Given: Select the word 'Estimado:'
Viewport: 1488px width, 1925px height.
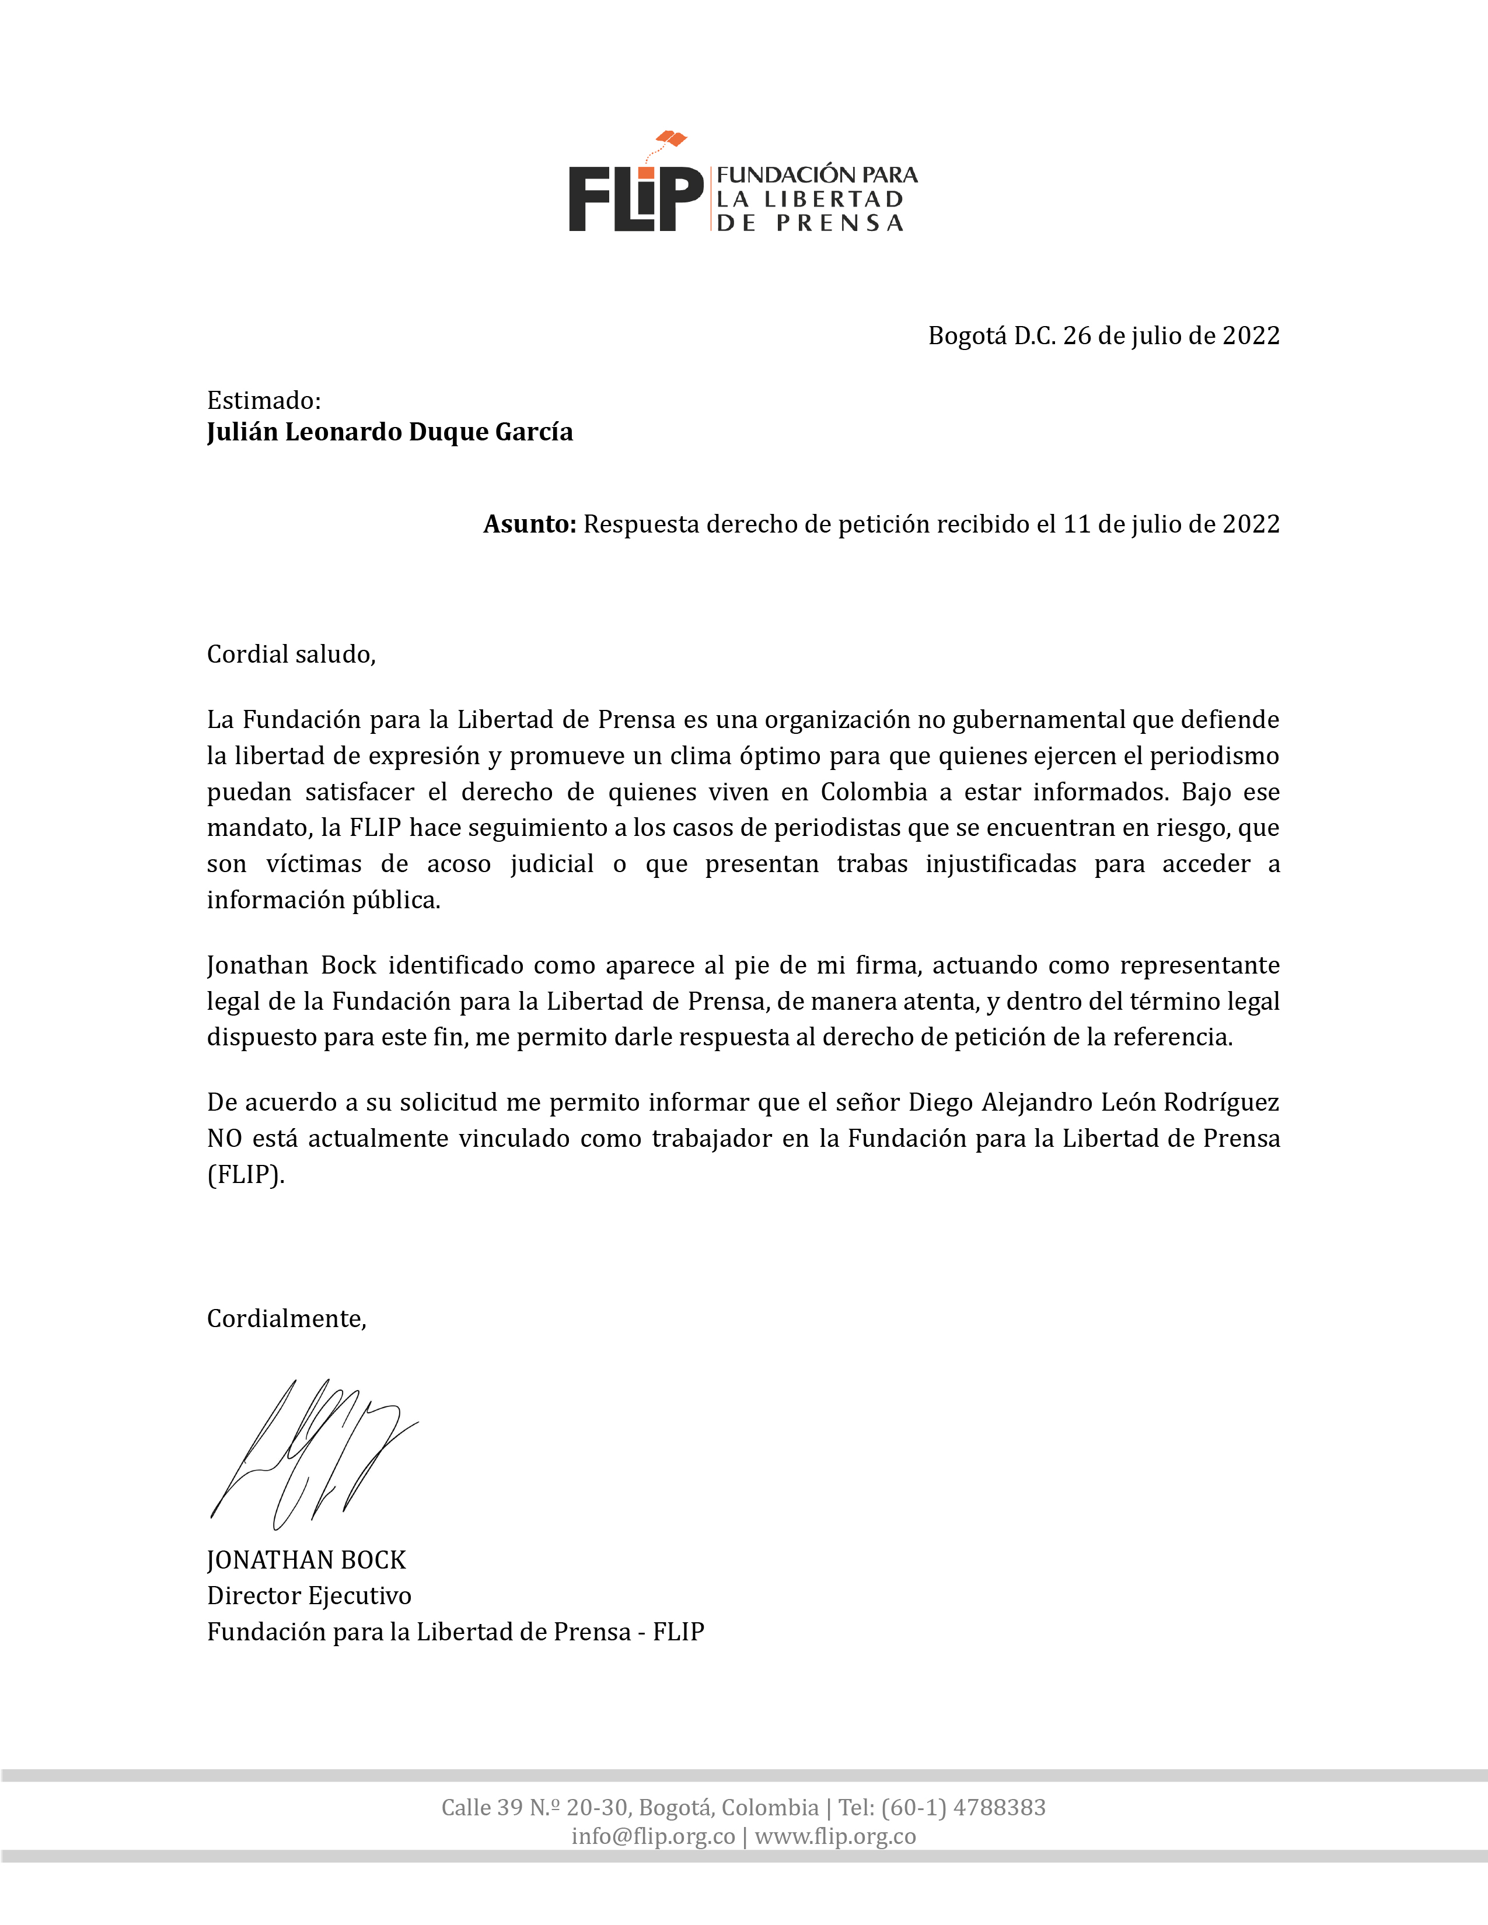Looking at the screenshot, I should (264, 401).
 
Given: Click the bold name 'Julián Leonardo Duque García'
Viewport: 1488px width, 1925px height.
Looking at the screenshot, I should (390, 432).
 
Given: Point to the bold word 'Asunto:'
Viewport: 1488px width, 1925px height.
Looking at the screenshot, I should (529, 524).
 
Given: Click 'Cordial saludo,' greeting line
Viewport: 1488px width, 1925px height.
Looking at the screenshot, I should (291, 654).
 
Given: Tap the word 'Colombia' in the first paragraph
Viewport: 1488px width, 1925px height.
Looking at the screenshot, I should (874, 792).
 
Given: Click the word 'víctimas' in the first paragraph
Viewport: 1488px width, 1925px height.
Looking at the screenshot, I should (314, 864).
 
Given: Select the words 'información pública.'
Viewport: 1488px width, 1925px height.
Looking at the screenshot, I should (323, 900).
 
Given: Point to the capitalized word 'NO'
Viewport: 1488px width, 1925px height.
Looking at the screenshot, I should (224, 1139).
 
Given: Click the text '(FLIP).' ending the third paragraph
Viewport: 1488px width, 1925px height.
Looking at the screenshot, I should (245, 1175).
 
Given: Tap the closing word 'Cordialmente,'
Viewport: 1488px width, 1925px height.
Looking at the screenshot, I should (287, 1318).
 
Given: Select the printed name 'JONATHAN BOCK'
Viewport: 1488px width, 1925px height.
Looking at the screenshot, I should (306, 1560).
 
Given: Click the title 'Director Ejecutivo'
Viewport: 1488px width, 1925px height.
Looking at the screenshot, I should (309, 1596).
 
